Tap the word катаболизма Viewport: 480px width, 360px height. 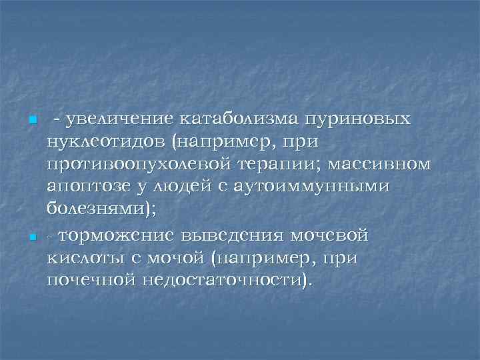coord(237,119)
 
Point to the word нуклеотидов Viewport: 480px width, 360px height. coord(104,142)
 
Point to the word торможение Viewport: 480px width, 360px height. coord(121,235)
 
